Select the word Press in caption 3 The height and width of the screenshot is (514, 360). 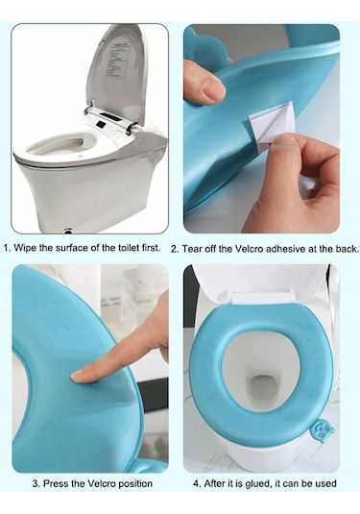pyautogui.click(x=55, y=483)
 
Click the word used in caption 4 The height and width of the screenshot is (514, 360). pyautogui.click(x=326, y=484)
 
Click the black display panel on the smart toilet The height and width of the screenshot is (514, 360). pyautogui.click(x=108, y=116)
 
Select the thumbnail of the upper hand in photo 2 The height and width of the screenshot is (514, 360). pyautogui.click(x=212, y=88)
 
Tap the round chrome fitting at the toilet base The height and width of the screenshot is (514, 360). pyautogui.click(x=68, y=231)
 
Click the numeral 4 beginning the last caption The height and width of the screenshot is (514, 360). pyautogui.click(x=196, y=484)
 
